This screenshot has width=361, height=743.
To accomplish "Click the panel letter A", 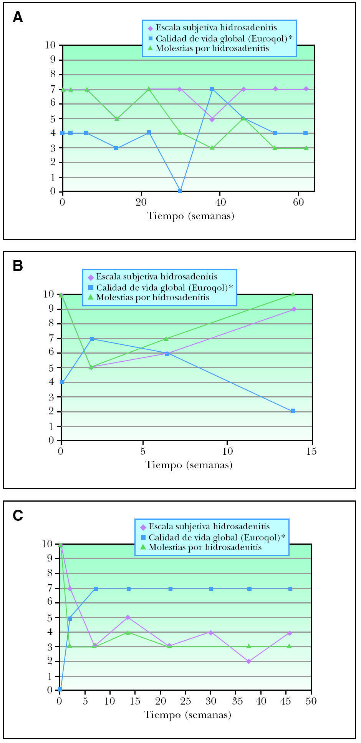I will (x=18, y=17).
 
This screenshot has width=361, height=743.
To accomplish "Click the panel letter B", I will (x=18, y=266).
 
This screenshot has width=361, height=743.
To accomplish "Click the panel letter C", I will (x=18, y=515).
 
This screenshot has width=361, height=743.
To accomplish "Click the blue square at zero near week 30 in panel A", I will (x=180, y=191).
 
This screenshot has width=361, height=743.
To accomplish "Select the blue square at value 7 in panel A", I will (x=212, y=89).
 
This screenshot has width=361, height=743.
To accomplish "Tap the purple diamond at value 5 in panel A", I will (x=212, y=119).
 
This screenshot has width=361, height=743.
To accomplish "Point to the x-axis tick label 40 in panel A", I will (x=220, y=203).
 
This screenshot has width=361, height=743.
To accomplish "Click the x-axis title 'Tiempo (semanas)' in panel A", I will (x=191, y=216).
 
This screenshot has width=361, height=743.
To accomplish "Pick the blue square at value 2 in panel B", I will (x=293, y=411).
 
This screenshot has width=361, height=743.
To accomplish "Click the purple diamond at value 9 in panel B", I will (x=294, y=309).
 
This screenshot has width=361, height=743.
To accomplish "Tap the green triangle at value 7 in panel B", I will (x=166, y=339).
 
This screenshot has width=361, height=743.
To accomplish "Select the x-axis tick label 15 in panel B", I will (x=311, y=451).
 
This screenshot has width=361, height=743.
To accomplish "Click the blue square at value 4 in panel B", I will (x=62, y=382).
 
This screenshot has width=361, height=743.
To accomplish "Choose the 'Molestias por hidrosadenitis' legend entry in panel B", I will (x=152, y=297).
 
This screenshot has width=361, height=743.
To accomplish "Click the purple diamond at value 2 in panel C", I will (x=249, y=662).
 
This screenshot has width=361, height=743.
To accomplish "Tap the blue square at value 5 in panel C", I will (x=70, y=618).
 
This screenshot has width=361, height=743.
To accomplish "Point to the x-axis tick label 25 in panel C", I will (x=185, y=701).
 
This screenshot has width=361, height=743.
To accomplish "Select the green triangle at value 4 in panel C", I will (x=128, y=632).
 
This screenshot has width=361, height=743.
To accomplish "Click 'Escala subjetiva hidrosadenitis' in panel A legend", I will (x=216, y=28).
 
